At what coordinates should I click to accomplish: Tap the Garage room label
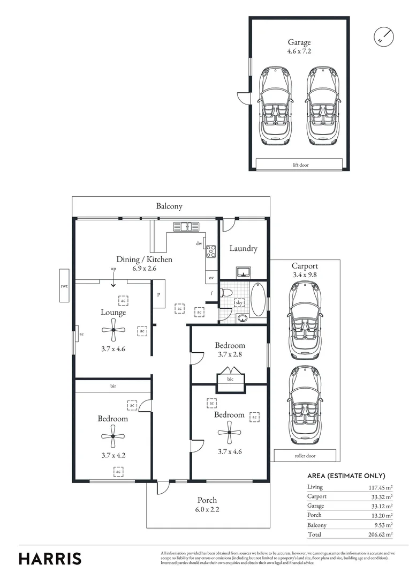[299, 42]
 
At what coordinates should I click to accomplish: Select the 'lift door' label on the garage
[299, 165]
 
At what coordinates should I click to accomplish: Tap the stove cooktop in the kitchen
[211, 251]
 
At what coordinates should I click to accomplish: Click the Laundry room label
[244, 248]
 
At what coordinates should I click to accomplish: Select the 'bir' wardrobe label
[113, 386]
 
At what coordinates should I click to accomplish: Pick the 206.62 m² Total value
[381, 535]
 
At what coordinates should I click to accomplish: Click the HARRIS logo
[50, 558]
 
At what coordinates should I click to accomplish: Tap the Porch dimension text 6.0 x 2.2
[207, 510]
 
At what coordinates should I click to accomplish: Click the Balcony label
[170, 206]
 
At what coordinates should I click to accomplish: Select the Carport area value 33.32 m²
[381, 496]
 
